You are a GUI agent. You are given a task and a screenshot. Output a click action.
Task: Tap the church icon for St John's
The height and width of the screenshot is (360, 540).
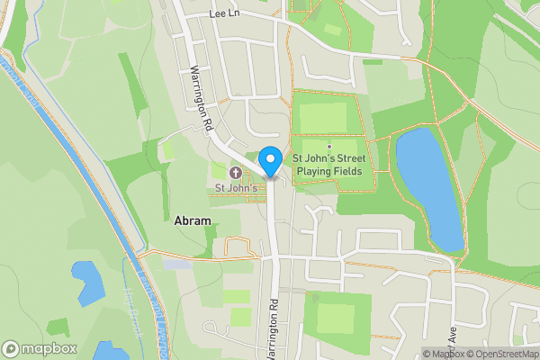[236, 173]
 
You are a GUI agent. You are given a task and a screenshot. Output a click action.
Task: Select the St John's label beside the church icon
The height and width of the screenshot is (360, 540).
[236, 188]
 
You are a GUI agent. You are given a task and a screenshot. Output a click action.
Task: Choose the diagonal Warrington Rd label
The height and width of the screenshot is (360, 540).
[199, 100]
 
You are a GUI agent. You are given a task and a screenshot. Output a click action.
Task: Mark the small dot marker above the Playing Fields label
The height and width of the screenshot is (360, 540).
[329, 147]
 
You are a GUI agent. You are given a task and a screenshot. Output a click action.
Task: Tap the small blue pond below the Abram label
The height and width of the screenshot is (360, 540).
[89, 280]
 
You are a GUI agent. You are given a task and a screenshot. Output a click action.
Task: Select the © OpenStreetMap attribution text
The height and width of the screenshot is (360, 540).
[499, 353]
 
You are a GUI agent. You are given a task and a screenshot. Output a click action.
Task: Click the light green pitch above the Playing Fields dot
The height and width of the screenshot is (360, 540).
[323, 117]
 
